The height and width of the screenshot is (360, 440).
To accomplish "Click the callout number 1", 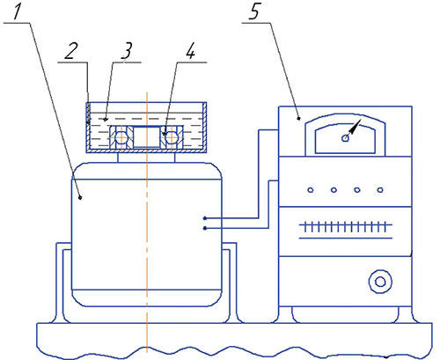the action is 18,13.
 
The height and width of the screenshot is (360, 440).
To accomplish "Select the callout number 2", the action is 71,52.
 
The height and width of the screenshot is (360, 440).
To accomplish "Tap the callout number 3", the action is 126,52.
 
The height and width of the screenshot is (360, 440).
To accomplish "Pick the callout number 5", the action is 254,11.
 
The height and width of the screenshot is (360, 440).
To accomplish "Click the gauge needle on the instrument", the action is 354,129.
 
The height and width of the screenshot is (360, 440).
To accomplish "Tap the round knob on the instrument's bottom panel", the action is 380,282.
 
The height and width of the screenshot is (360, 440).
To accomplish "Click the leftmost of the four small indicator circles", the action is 311,190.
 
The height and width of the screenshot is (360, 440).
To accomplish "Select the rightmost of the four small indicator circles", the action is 380,190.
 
